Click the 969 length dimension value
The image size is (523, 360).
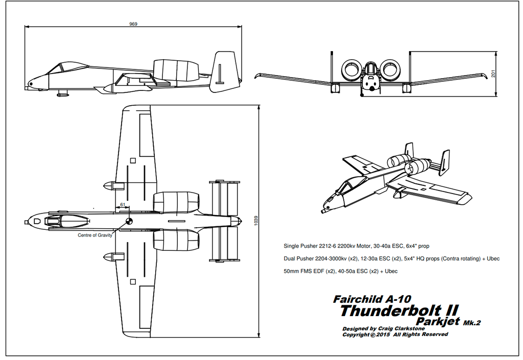click(x=133, y=23)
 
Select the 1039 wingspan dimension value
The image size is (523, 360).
click(x=256, y=221)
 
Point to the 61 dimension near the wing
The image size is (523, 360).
click(x=122, y=204)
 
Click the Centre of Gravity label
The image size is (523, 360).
click(x=95, y=235)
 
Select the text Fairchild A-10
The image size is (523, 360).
click(x=372, y=299)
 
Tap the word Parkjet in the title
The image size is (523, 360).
click(x=438, y=321)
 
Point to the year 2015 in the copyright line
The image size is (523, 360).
click(x=384, y=334)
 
